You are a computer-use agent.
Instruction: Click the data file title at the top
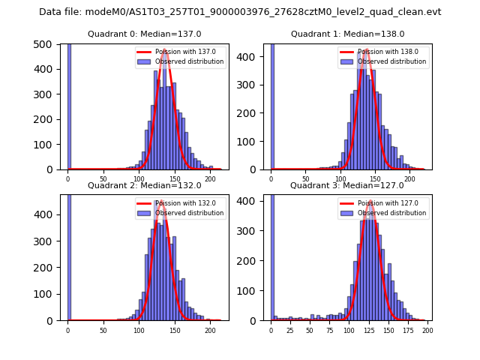point(240,12)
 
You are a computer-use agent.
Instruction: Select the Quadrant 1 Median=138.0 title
point(347,34)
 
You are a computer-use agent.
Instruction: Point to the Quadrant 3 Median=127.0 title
point(347,185)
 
